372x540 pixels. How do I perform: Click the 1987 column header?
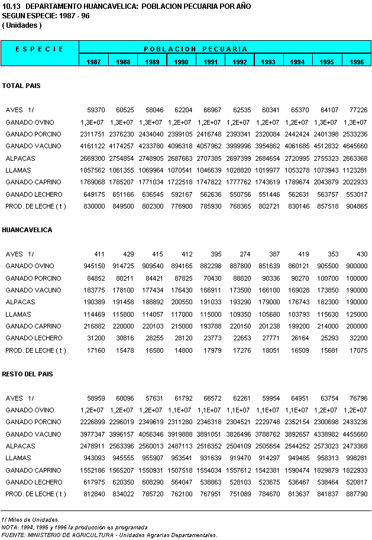pyautogui.click(x=93, y=61)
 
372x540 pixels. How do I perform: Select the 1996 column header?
pyautogui.click(x=357, y=61)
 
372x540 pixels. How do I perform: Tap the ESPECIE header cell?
pyautogui.click(x=40, y=49)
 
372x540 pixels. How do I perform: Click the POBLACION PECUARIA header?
pyautogui.click(x=195, y=49)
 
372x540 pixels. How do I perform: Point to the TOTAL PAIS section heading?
pyautogui.click(x=21, y=86)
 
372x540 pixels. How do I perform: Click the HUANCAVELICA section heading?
pyautogui.click(x=27, y=230)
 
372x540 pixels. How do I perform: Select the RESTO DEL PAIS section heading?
pyautogui.click(x=28, y=374)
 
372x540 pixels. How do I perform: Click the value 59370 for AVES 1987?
pyautogui.click(x=96, y=110)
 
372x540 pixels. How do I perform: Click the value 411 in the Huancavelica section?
pyautogui.click(x=99, y=254)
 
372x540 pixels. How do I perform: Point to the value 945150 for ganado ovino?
pyautogui.click(x=93, y=266)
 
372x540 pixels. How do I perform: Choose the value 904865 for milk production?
pyautogui.click(x=355, y=206)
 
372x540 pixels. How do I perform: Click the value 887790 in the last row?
pyautogui.click(x=355, y=494)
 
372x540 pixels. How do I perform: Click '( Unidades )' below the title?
pyautogui.click(x=22, y=26)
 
